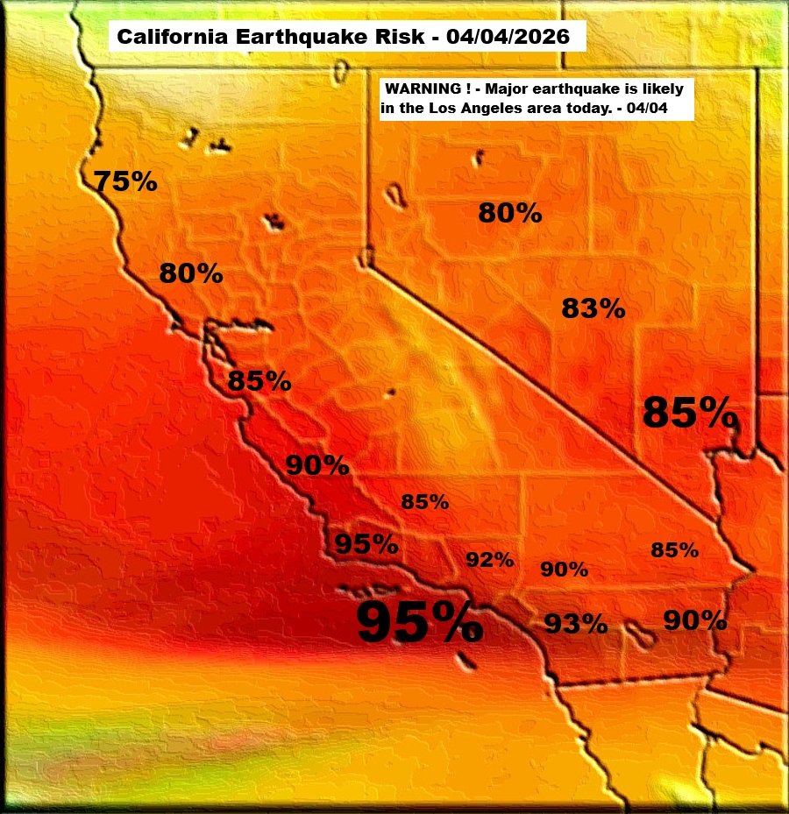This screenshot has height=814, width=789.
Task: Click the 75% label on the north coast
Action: pos(125,181)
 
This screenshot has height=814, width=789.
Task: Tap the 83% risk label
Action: pos(593,308)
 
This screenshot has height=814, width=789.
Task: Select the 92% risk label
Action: pos(489,560)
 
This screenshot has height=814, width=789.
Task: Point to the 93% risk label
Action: pos(576,624)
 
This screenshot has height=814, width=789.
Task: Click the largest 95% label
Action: pos(419,623)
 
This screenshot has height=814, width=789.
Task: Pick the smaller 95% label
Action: pos(366,544)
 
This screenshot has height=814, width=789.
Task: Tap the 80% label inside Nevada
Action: pos(509,212)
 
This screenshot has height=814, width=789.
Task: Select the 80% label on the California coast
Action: pos(190,274)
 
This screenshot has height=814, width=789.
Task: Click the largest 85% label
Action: pos(689,412)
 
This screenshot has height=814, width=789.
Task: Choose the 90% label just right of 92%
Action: pos(564,570)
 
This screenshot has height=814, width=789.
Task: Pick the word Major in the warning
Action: pos(513,89)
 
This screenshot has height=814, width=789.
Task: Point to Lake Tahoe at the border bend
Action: pos(366,257)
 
